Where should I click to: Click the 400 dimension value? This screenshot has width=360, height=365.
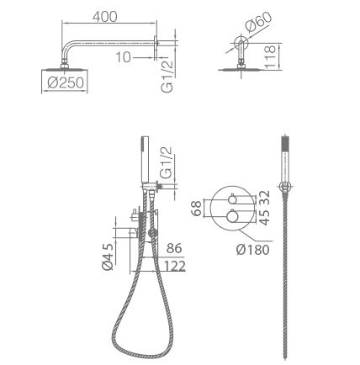105,17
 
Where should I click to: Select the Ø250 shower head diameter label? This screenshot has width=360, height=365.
66,82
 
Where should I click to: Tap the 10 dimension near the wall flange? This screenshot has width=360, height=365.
123,57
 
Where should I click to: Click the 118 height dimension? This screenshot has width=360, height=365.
270,56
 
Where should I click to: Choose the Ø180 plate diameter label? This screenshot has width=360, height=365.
252,249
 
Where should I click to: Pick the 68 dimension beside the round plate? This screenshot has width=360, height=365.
196,208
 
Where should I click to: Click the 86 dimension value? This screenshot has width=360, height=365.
174,248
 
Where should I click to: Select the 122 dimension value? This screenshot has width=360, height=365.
174,266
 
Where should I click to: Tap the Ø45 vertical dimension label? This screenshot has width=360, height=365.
108,257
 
